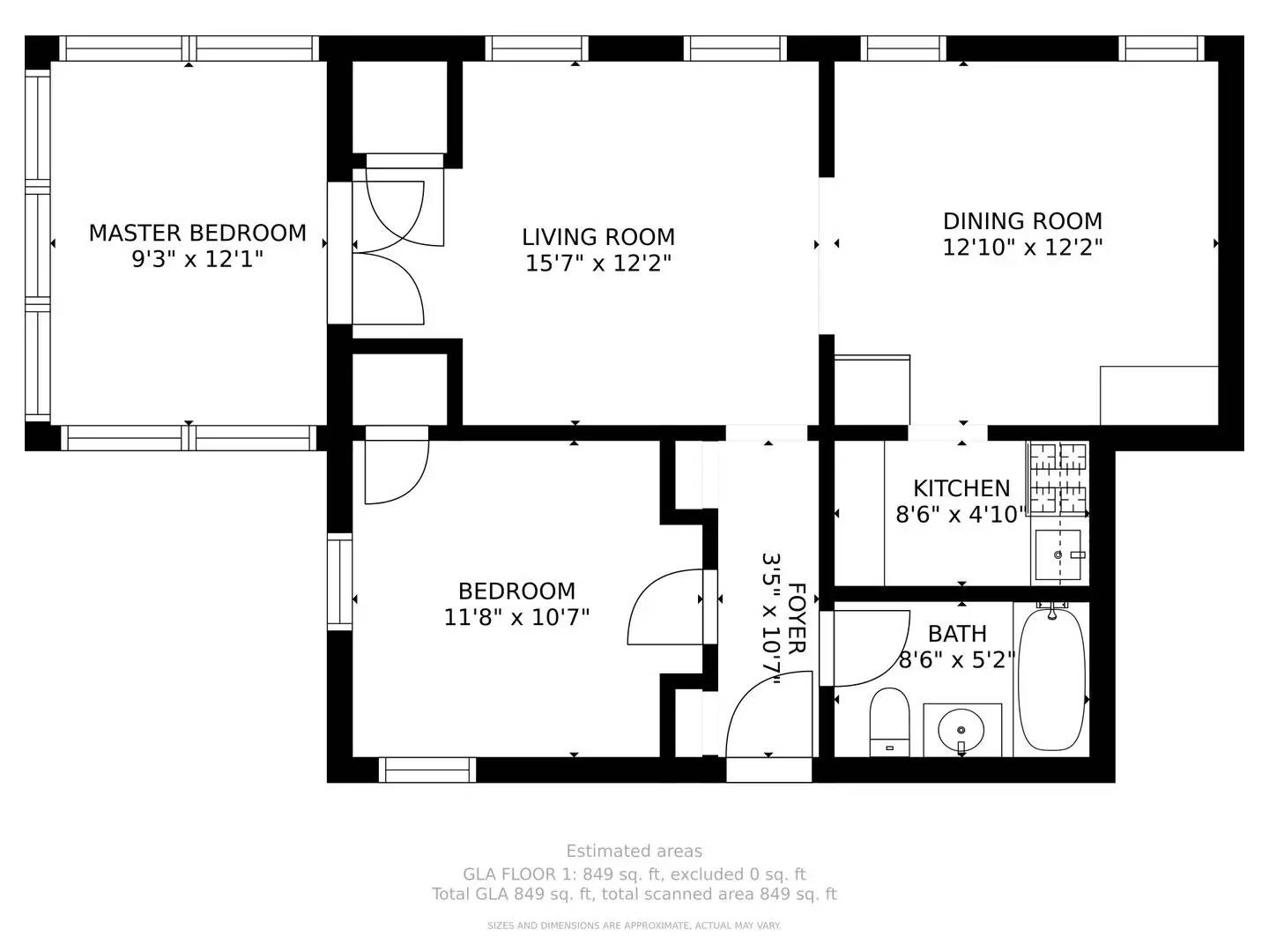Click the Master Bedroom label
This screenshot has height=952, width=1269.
point(197,233)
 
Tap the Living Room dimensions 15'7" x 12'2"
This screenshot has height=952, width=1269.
point(597,264)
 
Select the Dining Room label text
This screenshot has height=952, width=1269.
point(1022,221)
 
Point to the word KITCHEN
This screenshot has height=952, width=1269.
point(961,488)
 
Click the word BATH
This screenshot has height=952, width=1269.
point(957,634)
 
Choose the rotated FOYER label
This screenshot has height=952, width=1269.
point(797,619)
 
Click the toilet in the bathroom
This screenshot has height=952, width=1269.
point(889,722)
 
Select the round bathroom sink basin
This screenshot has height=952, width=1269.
point(961,730)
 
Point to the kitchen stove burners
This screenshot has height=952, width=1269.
point(1058,479)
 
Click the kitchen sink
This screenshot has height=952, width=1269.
point(1057,555)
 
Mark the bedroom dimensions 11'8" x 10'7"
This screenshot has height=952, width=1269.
point(516,617)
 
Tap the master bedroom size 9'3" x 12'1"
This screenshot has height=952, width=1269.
point(197,259)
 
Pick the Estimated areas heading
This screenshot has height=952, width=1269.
point(634,851)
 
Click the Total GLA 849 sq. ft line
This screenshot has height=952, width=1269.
point(634,894)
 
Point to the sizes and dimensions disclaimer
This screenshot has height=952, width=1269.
point(634,926)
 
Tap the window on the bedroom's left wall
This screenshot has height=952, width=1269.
point(339,582)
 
